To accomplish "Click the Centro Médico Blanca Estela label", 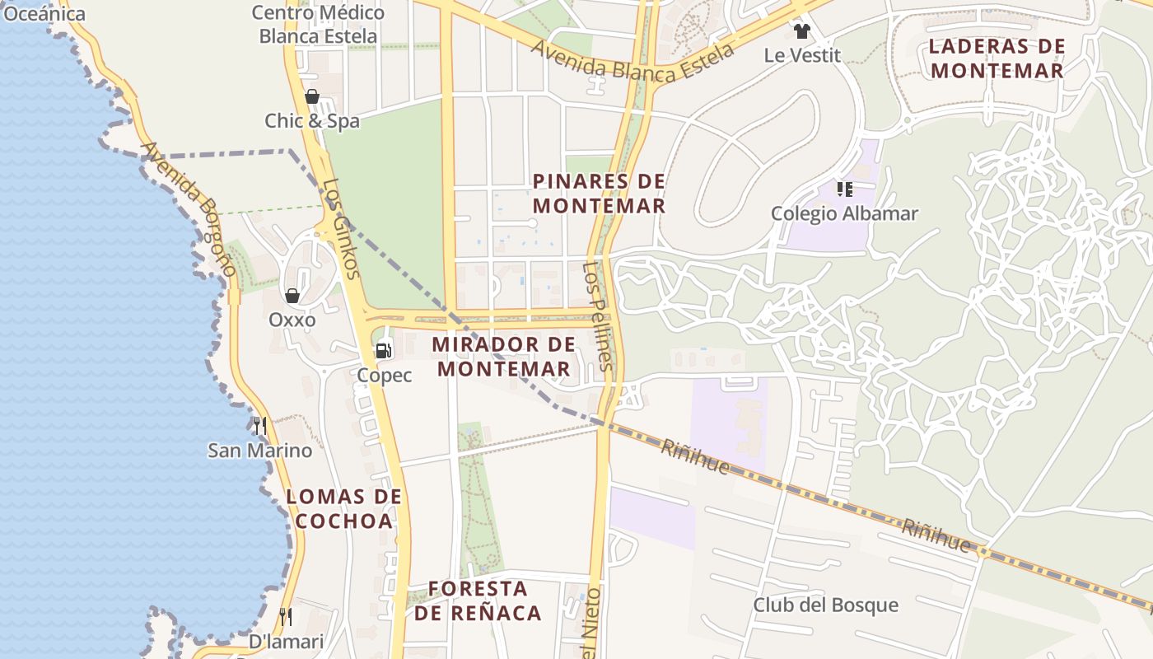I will tap(318, 25).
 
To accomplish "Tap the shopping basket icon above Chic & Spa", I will tap(312, 96).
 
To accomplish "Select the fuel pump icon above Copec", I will tap(384, 351).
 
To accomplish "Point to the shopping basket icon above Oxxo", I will tap(292, 296).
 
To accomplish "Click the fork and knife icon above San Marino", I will tap(260, 426).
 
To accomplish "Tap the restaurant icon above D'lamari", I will tap(286, 616).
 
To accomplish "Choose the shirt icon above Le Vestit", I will tap(802, 31).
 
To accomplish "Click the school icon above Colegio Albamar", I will tap(844, 189).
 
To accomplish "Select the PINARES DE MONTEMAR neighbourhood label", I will tap(599, 194).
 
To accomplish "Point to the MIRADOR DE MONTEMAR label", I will tap(503, 357).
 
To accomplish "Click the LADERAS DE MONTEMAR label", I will tap(997, 58).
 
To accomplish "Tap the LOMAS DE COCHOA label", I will tap(343, 509).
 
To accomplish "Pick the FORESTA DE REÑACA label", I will tap(478, 601).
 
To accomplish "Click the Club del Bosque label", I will tap(825, 605).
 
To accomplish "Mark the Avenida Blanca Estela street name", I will tap(633, 63).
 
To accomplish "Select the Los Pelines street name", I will tap(599, 315).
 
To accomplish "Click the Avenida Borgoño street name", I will tap(189, 209).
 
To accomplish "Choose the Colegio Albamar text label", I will tap(844, 214).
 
